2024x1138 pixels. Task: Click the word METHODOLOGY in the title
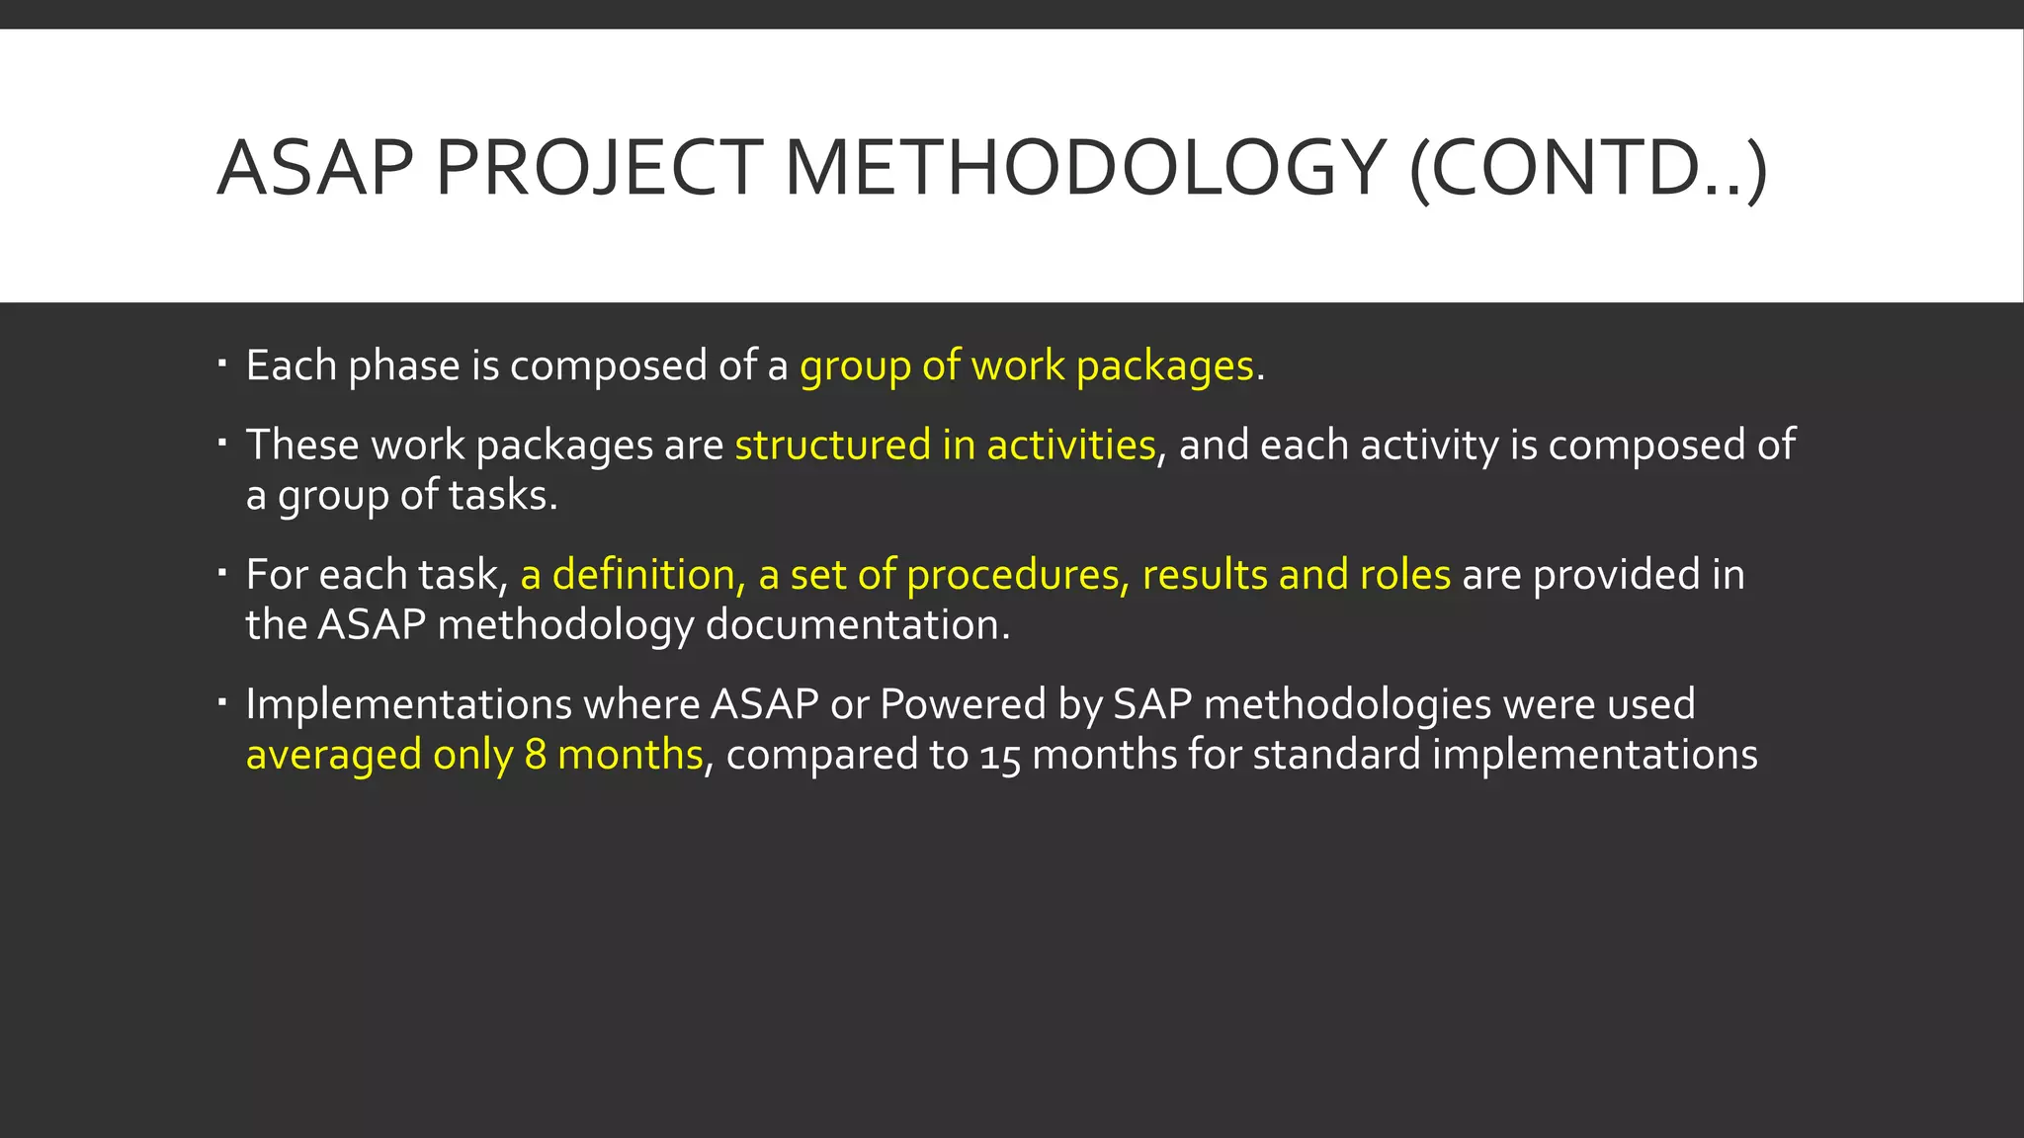click(1084, 168)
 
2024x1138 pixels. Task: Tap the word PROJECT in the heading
click(599, 168)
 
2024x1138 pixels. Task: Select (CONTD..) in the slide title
click(1587, 168)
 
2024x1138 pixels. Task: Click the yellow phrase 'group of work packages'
click(1026, 366)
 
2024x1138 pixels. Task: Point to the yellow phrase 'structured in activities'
click(945, 446)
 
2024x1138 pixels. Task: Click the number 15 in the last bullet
click(999, 757)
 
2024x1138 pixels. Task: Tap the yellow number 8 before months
click(535, 756)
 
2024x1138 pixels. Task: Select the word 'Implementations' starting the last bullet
click(408, 705)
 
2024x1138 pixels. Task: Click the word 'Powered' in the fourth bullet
click(962, 705)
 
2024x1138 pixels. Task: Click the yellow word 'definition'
click(642, 575)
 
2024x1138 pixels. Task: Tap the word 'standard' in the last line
click(1336, 756)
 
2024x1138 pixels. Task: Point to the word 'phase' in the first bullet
click(403, 366)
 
